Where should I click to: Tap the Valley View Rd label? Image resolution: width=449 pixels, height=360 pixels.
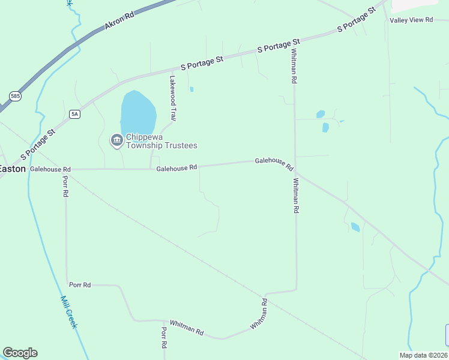tap(411, 20)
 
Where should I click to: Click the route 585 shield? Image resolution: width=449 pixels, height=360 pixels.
tap(15, 95)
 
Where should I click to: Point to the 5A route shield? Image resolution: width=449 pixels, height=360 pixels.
tap(74, 114)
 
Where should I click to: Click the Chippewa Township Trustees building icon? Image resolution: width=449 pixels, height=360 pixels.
tap(116, 140)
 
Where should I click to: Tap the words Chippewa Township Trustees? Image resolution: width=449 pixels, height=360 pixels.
tap(161, 141)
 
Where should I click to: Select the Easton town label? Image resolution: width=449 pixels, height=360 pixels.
tap(12, 169)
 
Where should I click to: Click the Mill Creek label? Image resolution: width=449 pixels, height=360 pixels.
tap(69, 312)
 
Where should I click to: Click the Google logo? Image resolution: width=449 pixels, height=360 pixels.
tap(20, 353)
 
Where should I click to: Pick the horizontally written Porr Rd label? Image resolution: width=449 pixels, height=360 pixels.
tap(80, 284)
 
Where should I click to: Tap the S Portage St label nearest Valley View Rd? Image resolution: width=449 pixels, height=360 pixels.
tap(356, 20)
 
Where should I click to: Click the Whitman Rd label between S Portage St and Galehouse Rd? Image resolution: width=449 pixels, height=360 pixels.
tap(294, 66)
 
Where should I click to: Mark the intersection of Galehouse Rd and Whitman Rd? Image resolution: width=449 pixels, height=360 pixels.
tap(295, 170)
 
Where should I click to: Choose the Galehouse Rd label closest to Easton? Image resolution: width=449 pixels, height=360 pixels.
tap(50, 170)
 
